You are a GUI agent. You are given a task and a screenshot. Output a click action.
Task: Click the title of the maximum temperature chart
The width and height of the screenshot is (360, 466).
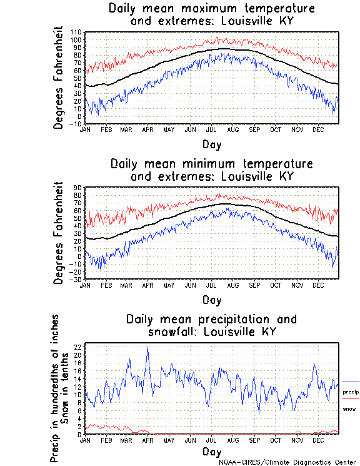211,15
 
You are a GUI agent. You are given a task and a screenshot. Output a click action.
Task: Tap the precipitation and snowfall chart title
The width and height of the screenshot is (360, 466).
211,325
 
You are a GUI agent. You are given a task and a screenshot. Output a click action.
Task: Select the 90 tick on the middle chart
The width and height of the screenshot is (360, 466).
79,188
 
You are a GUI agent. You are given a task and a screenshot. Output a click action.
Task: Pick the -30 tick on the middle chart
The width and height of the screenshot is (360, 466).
76,279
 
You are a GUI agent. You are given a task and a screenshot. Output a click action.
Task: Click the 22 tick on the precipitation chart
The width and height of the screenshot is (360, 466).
78,347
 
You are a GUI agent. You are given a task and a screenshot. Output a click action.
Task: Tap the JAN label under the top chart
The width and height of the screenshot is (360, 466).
85,129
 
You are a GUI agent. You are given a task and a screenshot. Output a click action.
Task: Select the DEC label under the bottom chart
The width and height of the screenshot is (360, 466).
317,440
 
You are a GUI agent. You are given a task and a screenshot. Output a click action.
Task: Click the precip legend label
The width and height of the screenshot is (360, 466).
351,391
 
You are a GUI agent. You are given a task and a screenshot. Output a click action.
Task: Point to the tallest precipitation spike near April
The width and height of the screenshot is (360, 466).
147,348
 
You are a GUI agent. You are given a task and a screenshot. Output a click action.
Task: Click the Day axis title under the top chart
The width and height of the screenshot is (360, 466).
211,144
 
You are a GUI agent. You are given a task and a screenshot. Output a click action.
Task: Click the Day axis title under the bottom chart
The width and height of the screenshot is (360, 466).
211,452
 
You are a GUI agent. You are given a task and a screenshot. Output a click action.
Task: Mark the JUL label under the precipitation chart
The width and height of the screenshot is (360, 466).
211,440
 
